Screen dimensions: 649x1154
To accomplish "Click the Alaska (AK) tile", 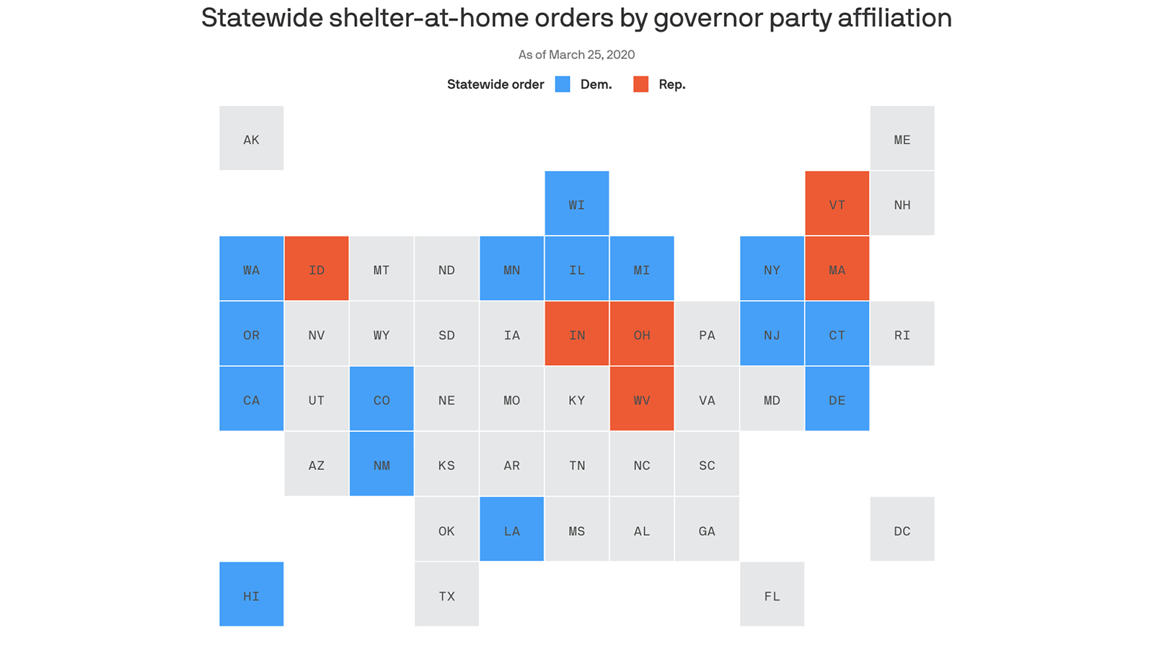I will click(x=251, y=138).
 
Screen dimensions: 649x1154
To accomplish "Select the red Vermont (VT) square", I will click(x=837, y=203).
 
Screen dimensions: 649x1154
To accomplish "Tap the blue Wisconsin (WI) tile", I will click(x=576, y=203).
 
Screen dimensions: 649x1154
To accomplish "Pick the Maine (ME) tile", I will click(x=902, y=138).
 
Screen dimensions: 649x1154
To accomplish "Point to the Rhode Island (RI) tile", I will click(x=902, y=334).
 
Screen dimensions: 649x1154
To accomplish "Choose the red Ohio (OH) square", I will click(x=641, y=334).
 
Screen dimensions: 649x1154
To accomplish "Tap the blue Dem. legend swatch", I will click(x=563, y=84).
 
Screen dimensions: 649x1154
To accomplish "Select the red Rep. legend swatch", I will click(x=640, y=84).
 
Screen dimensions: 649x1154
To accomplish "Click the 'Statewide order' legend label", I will click(x=495, y=84).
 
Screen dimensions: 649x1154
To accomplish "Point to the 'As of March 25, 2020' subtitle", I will click(x=576, y=55).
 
